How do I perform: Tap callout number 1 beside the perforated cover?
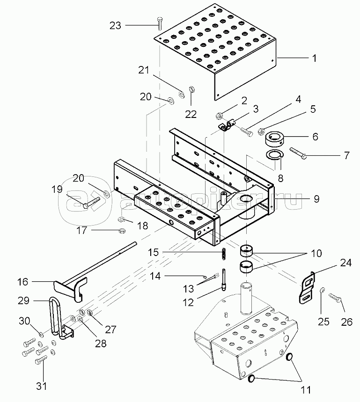[314, 58]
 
